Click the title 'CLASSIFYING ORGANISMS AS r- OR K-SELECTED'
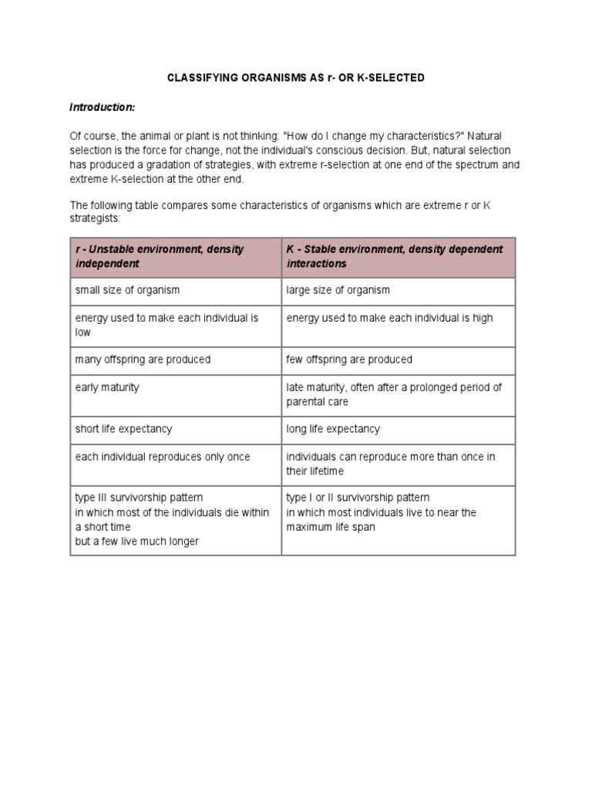coord(296,79)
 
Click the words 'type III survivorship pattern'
coord(140,498)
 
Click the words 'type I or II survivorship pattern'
coord(358,498)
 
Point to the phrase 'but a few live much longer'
coord(137,542)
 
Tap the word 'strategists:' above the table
coord(96,219)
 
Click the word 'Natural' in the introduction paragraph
coord(488,136)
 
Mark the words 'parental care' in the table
coord(318,402)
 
